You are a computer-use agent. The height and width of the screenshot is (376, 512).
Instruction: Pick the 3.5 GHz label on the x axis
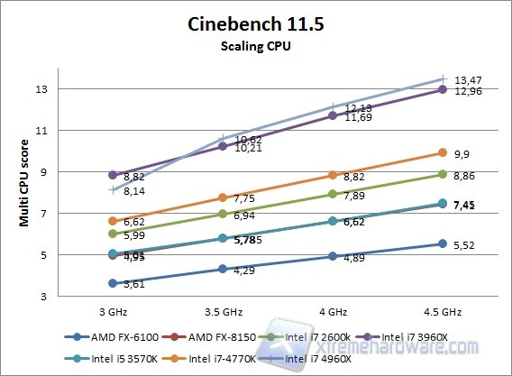click(223, 311)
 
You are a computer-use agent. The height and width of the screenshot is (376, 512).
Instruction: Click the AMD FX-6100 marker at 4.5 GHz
click(442, 243)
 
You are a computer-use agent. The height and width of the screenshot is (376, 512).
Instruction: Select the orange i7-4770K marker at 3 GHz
click(113, 221)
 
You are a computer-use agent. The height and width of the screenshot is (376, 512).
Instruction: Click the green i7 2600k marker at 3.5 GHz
click(223, 214)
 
